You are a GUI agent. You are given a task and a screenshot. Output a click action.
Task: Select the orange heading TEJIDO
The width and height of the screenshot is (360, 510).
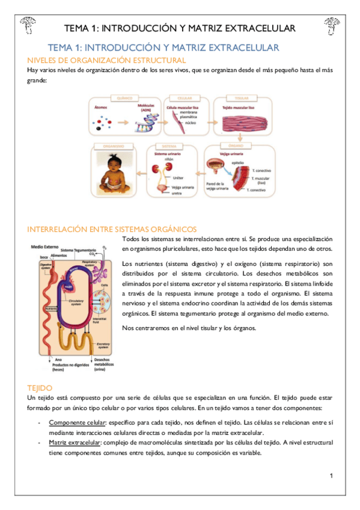point(40,389)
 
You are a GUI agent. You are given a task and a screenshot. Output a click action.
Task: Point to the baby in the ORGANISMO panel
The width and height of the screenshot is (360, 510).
point(114,174)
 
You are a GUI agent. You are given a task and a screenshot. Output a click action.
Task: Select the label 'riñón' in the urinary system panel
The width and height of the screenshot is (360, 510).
point(169,159)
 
